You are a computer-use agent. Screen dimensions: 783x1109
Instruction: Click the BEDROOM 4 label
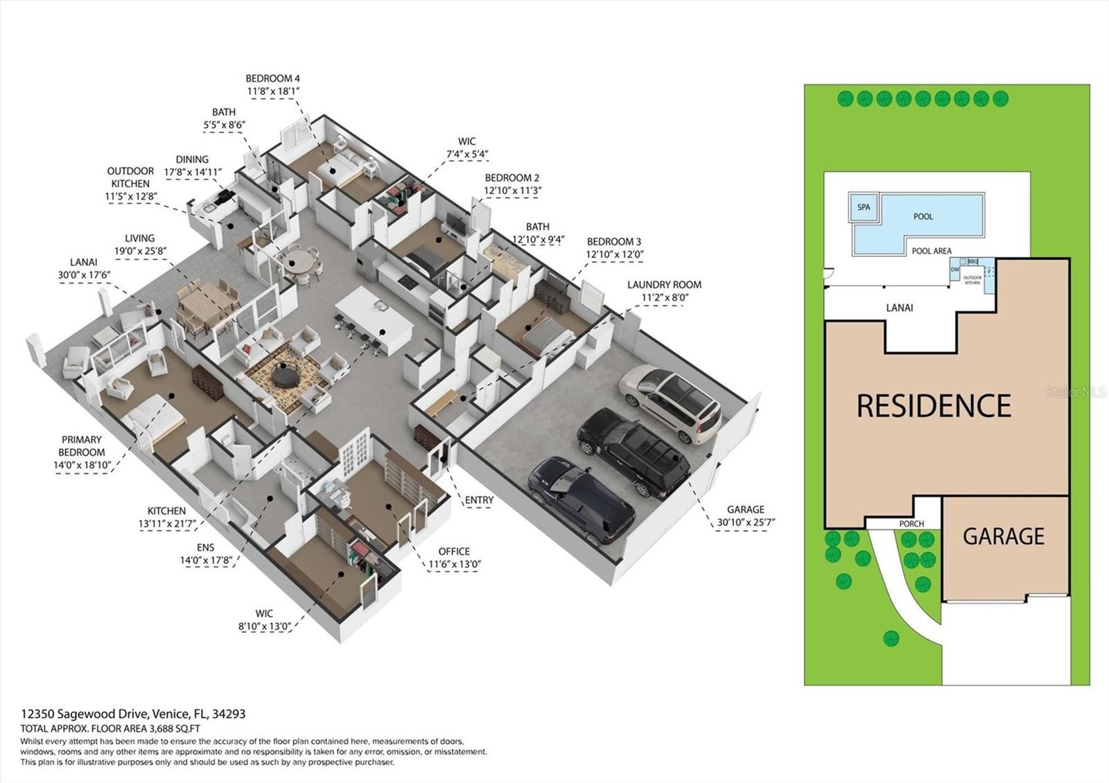tap(273, 78)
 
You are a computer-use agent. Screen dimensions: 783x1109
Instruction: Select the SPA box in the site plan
tap(864, 207)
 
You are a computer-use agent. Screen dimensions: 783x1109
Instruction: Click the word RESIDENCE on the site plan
tap(934, 406)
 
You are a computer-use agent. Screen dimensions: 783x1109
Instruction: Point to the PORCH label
tap(911, 524)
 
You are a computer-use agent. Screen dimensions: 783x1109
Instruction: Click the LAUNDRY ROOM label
tap(664, 285)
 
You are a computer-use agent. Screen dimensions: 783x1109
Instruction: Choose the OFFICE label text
tap(454, 551)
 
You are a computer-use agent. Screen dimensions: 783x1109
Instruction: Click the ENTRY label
tap(479, 500)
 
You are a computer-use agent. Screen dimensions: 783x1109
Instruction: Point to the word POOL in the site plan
tap(923, 216)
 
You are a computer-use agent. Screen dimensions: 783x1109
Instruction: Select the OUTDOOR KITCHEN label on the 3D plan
tap(130, 177)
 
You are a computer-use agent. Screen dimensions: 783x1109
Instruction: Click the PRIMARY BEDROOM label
tap(82, 446)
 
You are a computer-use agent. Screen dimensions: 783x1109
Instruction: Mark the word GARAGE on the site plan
tap(1003, 536)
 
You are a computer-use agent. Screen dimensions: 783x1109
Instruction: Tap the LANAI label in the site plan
tap(900, 308)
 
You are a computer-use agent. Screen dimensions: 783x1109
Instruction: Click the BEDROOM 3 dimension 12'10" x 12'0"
tap(614, 254)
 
